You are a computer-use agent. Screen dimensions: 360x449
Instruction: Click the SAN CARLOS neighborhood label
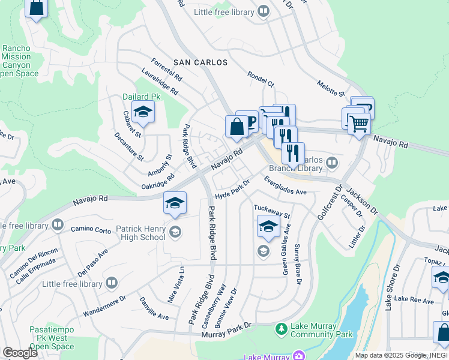[x=200, y=62]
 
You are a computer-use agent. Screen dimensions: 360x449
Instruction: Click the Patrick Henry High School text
[x=141, y=233]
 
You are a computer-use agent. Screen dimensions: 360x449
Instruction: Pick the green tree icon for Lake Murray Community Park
[x=281, y=329]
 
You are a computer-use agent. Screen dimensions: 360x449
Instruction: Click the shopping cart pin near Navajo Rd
[x=359, y=124]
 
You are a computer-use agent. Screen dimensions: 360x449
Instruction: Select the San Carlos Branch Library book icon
[x=331, y=163]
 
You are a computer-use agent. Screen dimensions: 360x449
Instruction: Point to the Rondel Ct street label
[x=261, y=79]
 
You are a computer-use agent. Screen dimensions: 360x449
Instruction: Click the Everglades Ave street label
[x=285, y=185]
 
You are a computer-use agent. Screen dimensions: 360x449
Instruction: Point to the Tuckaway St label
[x=271, y=211]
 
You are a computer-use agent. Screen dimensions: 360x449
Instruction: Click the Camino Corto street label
[x=91, y=229]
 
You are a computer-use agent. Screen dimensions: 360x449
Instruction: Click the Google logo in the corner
[x=19, y=353]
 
